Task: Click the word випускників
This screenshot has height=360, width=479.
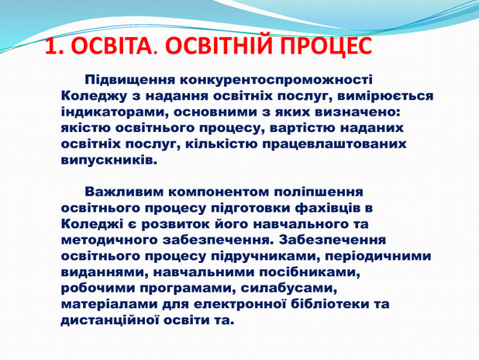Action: click(108, 161)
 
